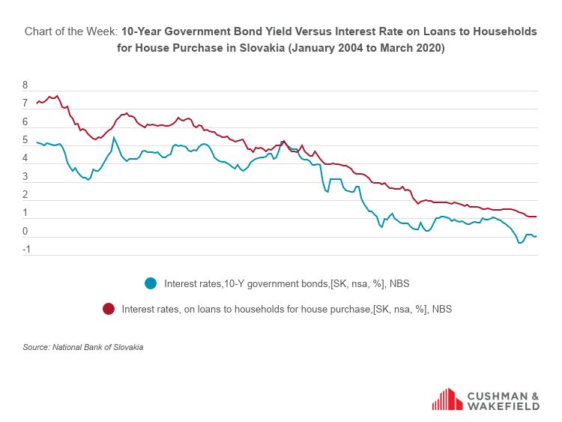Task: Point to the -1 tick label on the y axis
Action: point(25,250)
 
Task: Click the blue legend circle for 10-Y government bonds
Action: point(151,283)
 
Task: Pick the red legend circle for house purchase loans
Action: point(109,309)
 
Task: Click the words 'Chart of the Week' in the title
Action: point(70,31)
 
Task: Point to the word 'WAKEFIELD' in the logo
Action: point(503,406)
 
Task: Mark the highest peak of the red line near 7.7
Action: point(56,96)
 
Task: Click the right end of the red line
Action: point(537,217)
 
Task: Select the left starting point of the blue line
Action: point(36,142)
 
